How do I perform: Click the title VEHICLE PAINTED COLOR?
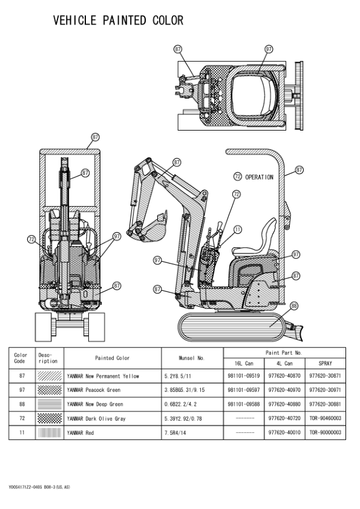pos(118,21)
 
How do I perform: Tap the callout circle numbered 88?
pos(294,305)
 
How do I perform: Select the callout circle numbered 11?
pos(237,229)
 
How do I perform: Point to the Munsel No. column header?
pos(192,358)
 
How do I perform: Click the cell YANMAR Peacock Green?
pos(94,390)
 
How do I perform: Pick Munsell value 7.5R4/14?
pos(177,433)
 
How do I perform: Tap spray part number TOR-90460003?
pos(325,418)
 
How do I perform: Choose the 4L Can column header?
pos(284,363)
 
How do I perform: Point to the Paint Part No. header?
pos(284,352)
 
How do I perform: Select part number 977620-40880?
pos(284,404)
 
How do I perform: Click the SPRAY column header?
pos(325,363)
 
